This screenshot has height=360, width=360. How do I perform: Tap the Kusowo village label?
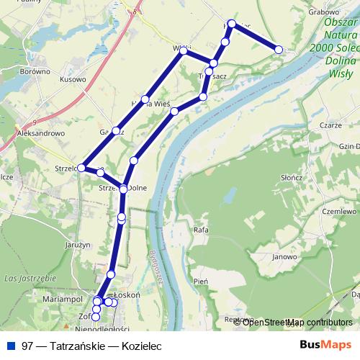point(73,80)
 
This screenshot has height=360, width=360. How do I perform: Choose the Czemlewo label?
point(340,212)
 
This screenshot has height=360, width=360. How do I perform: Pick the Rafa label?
point(201,231)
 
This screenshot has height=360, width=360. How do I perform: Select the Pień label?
point(201,282)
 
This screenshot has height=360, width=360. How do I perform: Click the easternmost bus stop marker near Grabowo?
point(279,49)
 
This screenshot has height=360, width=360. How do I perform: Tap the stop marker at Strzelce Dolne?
point(123,189)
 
